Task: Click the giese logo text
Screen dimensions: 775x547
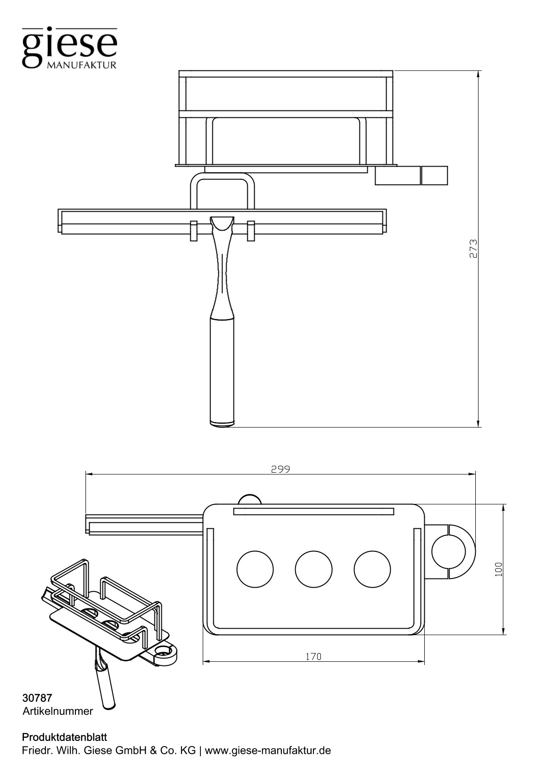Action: [x=69, y=45]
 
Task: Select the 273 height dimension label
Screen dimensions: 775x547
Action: [x=474, y=249]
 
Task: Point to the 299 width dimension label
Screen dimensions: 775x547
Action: [x=280, y=469]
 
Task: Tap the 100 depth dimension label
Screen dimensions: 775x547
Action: [x=499, y=569]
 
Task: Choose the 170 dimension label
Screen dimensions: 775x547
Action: [x=313, y=657]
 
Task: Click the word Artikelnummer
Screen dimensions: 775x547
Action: [x=57, y=711]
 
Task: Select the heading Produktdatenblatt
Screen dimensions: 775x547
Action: [x=64, y=737]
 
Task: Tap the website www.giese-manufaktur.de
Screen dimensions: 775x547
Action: [x=268, y=751]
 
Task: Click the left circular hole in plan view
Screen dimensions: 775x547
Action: [x=255, y=569]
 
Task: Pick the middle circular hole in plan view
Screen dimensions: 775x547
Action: [x=313, y=569]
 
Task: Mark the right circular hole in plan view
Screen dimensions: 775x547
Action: [x=372, y=569]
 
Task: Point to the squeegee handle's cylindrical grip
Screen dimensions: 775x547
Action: [x=222, y=368]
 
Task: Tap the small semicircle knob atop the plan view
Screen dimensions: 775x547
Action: [x=250, y=499]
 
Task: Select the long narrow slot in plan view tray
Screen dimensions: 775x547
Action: [x=313, y=511]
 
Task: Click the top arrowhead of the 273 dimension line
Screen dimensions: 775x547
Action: [x=479, y=74]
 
